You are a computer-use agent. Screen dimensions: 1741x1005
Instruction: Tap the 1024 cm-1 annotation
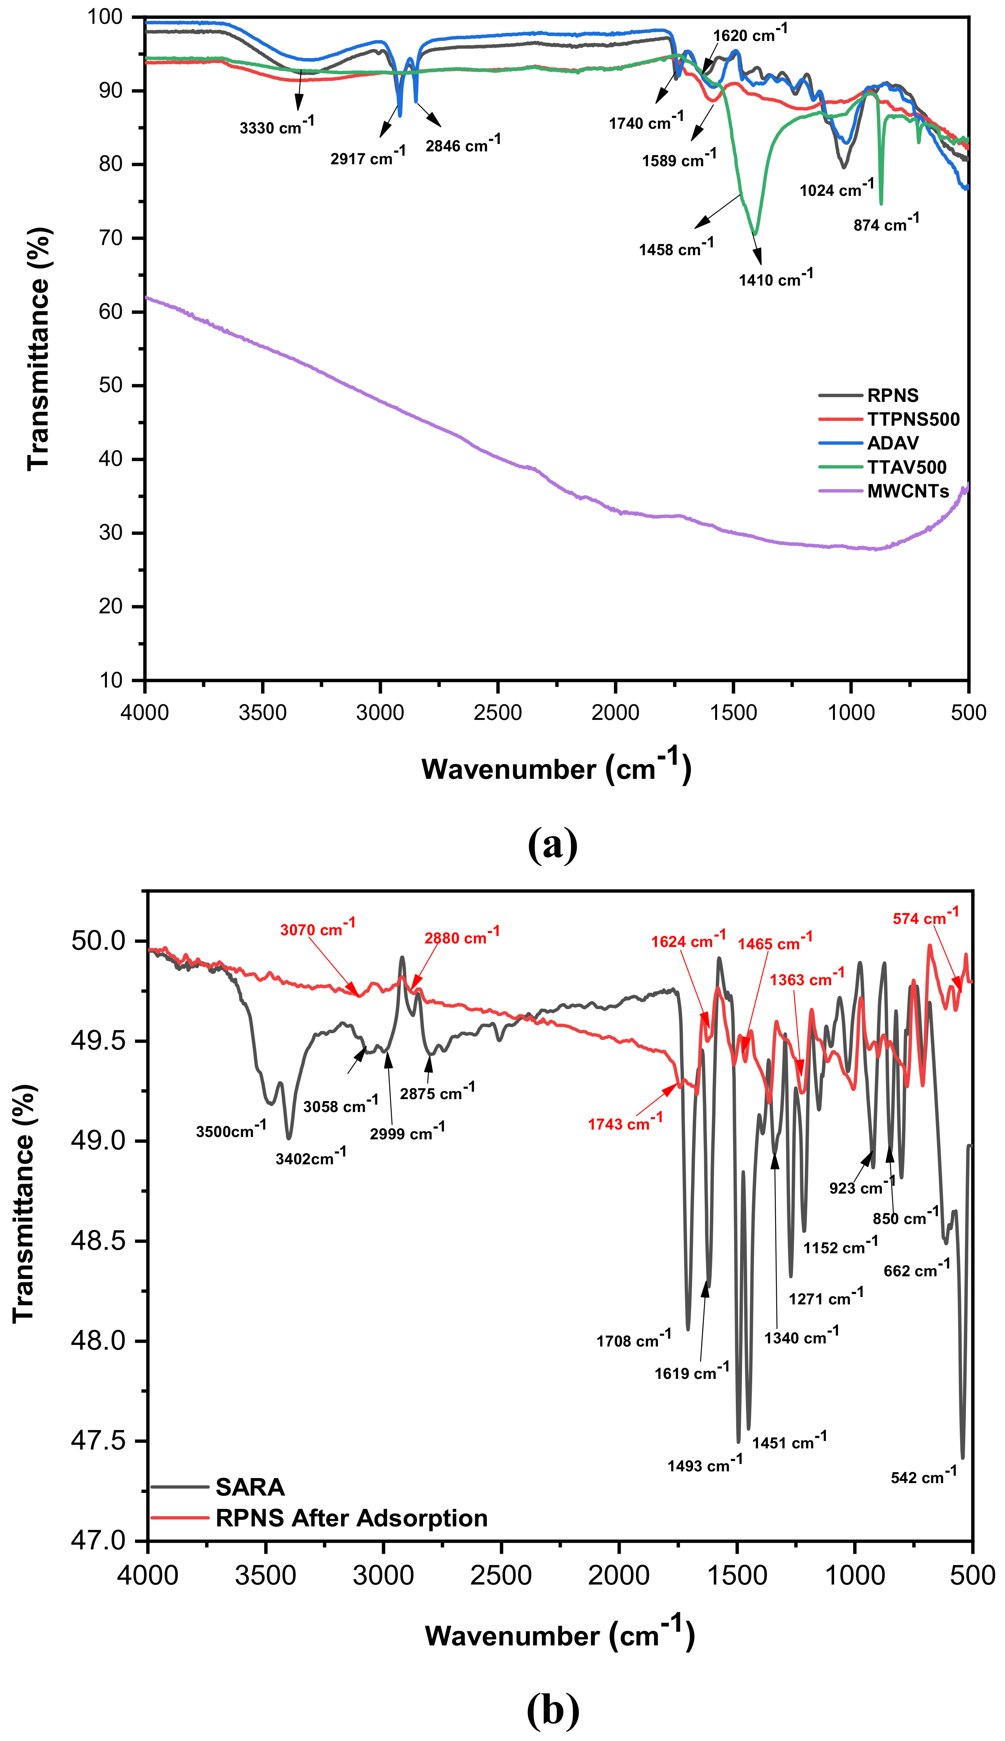tap(836, 188)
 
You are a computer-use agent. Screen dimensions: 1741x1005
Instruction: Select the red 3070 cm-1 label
tap(318, 929)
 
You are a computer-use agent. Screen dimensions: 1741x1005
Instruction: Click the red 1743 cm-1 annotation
tap(625, 1123)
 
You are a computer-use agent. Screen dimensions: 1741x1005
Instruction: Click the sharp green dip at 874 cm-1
tap(881, 202)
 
